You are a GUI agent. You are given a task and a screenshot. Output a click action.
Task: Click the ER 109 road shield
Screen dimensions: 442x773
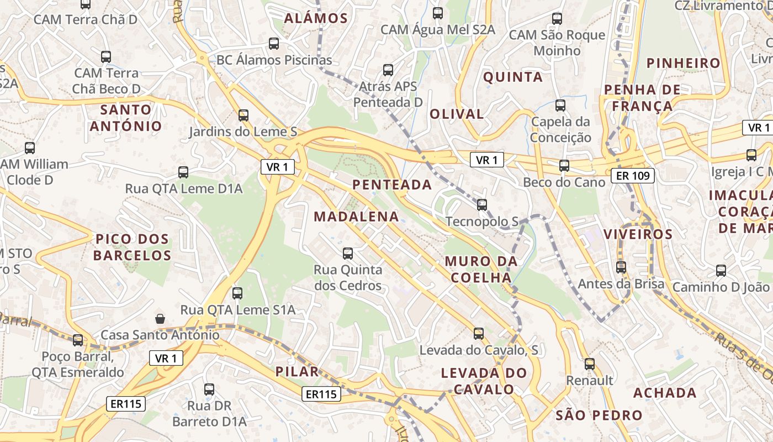[x=633, y=176]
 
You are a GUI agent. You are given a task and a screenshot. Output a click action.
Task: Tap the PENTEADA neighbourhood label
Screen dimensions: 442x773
[x=392, y=185]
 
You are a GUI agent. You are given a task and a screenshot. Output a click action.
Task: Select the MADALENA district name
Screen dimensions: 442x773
[x=356, y=217]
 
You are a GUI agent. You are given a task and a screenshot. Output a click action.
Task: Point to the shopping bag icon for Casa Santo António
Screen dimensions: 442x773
[x=160, y=318]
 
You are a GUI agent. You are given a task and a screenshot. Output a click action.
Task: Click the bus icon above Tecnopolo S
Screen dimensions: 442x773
[x=482, y=205]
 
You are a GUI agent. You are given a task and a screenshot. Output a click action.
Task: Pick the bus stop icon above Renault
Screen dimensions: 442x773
[x=590, y=364]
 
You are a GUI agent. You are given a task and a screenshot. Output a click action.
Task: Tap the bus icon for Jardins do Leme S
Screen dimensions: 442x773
[x=243, y=115]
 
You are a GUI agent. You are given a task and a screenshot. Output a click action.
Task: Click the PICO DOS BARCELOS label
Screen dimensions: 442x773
[x=132, y=247]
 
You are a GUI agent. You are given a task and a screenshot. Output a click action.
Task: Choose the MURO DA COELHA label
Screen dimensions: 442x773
[x=481, y=269]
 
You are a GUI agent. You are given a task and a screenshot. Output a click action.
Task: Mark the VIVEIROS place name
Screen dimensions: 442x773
[x=638, y=234]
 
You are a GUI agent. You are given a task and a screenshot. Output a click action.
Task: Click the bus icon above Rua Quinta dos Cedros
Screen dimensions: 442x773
[x=348, y=254]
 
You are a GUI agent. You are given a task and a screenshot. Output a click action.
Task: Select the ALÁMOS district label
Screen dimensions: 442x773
[x=316, y=18]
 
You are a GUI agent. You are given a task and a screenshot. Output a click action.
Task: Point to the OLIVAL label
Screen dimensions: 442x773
[x=457, y=114]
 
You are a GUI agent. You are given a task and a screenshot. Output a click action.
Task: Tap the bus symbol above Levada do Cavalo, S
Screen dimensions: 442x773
[x=479, y=334]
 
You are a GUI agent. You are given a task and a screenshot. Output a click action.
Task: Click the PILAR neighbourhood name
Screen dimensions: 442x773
[x=297, y=371]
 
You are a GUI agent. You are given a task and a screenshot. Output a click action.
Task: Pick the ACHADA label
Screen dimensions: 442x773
[x=665, y=393]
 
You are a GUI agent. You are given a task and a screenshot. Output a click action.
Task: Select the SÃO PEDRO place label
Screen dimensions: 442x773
[x=599, y=415]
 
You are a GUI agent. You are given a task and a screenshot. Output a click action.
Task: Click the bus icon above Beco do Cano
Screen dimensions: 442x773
[x=564, y=165]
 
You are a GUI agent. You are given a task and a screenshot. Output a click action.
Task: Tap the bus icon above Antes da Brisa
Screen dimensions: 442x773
[x=621, y=267]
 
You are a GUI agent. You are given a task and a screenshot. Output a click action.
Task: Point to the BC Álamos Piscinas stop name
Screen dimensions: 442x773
[x=274, y=60]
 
